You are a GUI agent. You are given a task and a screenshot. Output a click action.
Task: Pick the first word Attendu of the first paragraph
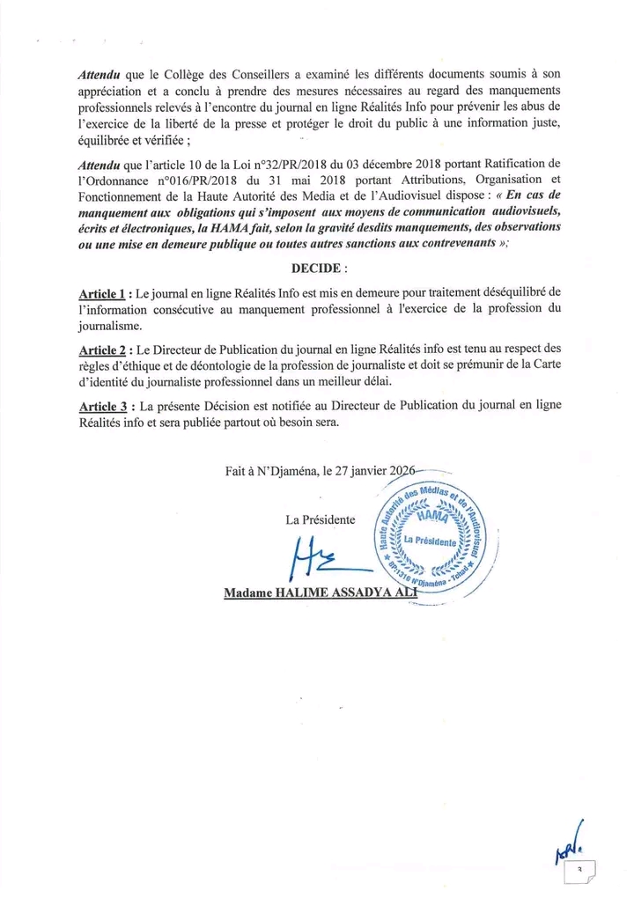tap(98, 76)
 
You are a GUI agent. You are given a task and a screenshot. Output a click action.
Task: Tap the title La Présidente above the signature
tap(321, 519)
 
